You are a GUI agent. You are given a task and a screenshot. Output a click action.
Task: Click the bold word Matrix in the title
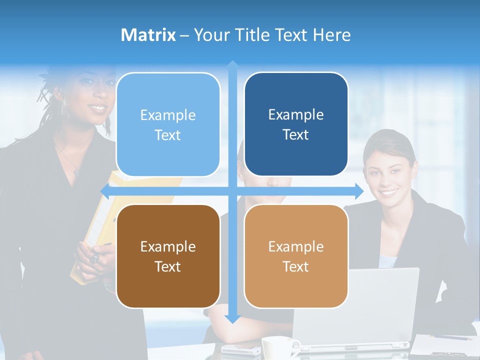click(x=148, y=35)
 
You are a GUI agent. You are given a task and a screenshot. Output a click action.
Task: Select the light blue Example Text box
click(x=168, y=124)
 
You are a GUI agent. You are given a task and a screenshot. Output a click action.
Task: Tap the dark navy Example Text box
click(x=296, y=124)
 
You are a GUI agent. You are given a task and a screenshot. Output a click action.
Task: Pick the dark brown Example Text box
click(x=168, y=256)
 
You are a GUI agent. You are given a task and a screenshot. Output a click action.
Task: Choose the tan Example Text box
click(x=296, y=256)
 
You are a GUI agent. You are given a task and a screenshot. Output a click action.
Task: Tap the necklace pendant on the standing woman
click(x=77, y=172)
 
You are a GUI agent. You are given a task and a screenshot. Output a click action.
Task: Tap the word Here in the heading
click(x=331, y=35)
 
